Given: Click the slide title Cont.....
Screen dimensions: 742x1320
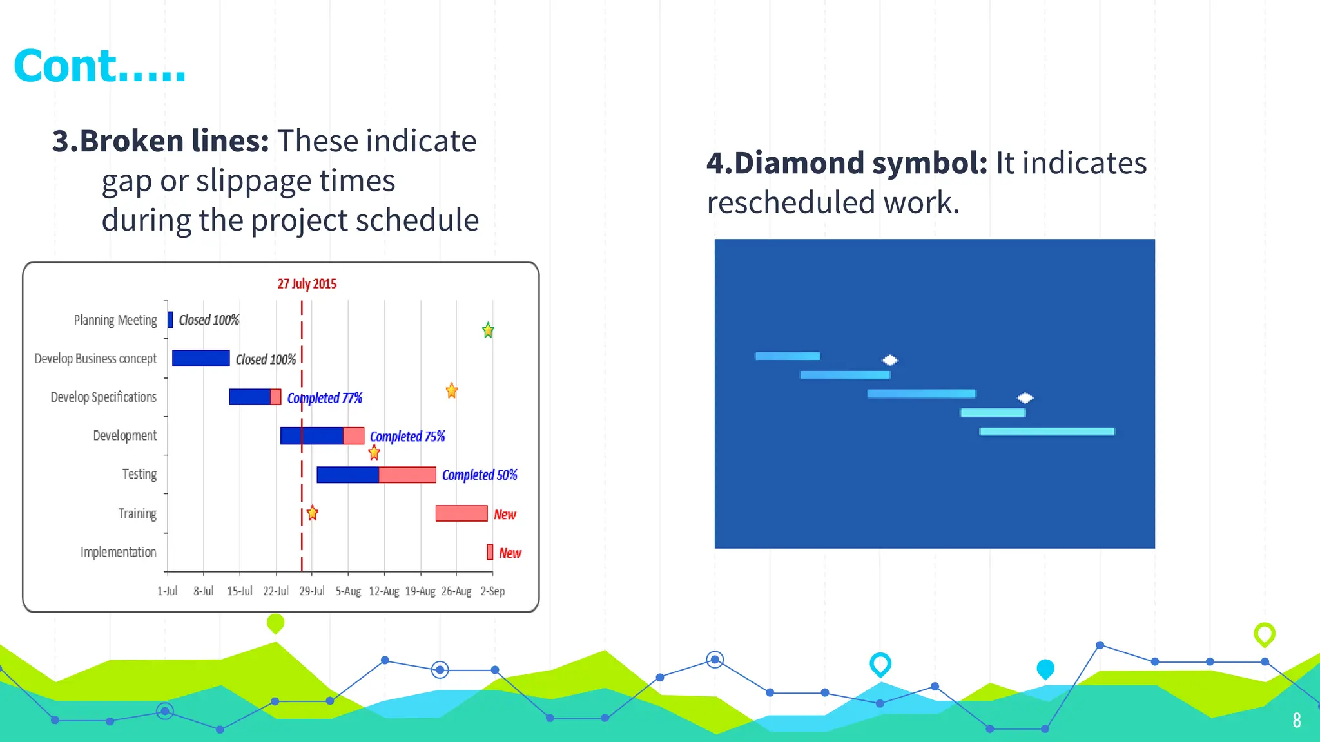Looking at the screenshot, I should (99, 66).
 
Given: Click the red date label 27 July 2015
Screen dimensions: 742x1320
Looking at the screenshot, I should (307, 283).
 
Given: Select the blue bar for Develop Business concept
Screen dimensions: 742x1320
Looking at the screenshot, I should (200, 358).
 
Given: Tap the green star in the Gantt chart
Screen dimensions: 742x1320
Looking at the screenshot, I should (488, 330).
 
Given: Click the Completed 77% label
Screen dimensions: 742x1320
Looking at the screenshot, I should (324, 398).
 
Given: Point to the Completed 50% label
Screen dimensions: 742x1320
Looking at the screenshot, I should (479, 475).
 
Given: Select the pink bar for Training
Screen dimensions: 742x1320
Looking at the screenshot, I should (461, 513).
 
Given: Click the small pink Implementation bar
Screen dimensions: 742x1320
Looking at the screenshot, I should (490, 552).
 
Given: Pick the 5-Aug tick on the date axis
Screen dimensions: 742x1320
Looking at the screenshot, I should (348, 591).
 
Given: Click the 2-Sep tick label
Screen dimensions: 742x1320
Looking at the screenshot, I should (492, 591).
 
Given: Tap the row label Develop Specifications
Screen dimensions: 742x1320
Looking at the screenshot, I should (103, 397).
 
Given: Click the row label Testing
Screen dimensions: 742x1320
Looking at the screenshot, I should (139, 474).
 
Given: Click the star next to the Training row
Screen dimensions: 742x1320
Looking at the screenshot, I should (313, 513).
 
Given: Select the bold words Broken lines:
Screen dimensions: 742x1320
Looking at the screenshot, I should (160, 141).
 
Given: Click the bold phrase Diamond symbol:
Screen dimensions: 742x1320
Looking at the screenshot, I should (847, 163).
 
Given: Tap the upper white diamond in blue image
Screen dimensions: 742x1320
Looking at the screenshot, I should (890, 359).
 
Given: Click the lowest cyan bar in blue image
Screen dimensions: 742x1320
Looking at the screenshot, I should (1047, 432).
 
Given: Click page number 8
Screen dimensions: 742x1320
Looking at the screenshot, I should (1297, 720).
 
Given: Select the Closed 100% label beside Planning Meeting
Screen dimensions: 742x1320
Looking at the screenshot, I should (209, 320).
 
